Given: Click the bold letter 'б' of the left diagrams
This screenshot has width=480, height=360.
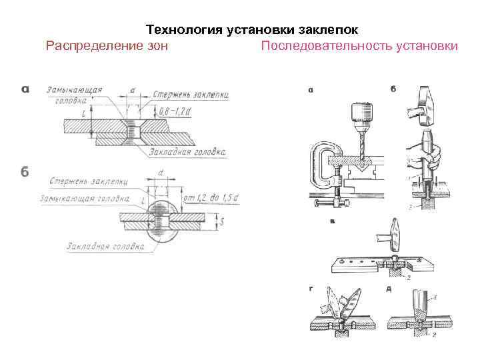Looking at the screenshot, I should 25,171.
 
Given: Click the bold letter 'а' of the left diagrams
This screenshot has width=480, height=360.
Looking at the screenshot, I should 25,89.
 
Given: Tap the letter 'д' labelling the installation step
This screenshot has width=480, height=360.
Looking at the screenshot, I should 388,289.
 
